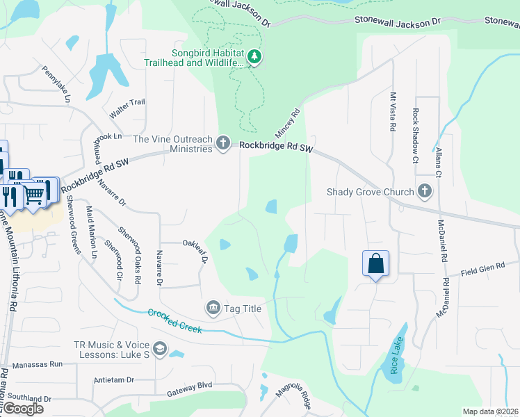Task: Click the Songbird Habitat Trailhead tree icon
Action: point(254,56)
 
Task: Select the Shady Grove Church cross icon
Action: point(425,192)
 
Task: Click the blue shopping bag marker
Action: point(375,263)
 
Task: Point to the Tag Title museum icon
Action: point(212,307)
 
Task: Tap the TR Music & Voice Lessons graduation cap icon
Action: point(160,349)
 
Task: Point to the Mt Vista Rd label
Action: point(392,112)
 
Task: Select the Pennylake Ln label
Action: point(57,84)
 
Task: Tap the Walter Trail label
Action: point(127,102)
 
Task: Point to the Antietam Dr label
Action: point(113,380)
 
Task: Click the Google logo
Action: point(22,409)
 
